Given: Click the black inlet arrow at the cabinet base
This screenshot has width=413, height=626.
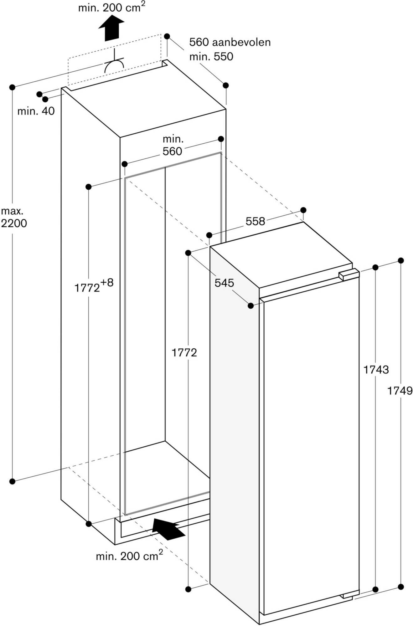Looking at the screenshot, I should click(168, 529).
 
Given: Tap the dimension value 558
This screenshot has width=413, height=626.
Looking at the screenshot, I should click(255, 221).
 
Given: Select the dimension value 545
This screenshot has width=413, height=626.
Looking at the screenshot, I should click(224, 283).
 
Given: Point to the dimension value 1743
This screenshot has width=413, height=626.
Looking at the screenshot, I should click(376, 370).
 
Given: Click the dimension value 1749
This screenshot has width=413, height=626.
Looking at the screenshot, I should click(400, 391).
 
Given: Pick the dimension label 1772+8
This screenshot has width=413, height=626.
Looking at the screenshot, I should click(94, 286).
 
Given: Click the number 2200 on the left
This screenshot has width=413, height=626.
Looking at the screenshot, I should click(14, 223).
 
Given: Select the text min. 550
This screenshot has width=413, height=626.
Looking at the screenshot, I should click(211, 57).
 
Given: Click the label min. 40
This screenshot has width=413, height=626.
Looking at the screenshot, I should click(36, 111).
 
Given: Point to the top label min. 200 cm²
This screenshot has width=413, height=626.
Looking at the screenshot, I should click(111, 8).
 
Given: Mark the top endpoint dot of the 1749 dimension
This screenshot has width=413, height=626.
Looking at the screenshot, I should click(400, 260).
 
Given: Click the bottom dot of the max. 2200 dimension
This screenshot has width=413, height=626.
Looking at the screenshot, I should click(12, 481).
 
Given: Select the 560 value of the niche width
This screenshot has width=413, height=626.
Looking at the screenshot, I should click(172, 151).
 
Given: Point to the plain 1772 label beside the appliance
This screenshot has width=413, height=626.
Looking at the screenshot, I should click(184, 353).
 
